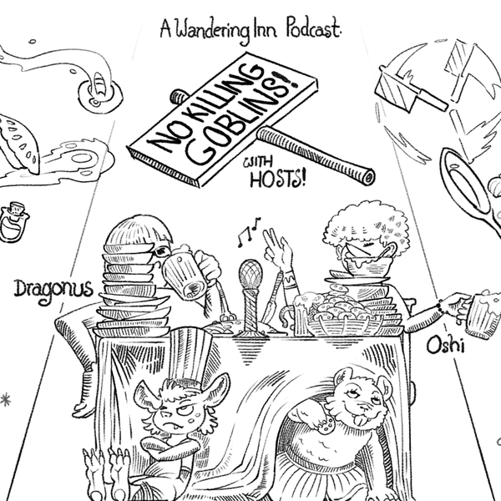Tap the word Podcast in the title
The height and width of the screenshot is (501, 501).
(312, 29)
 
